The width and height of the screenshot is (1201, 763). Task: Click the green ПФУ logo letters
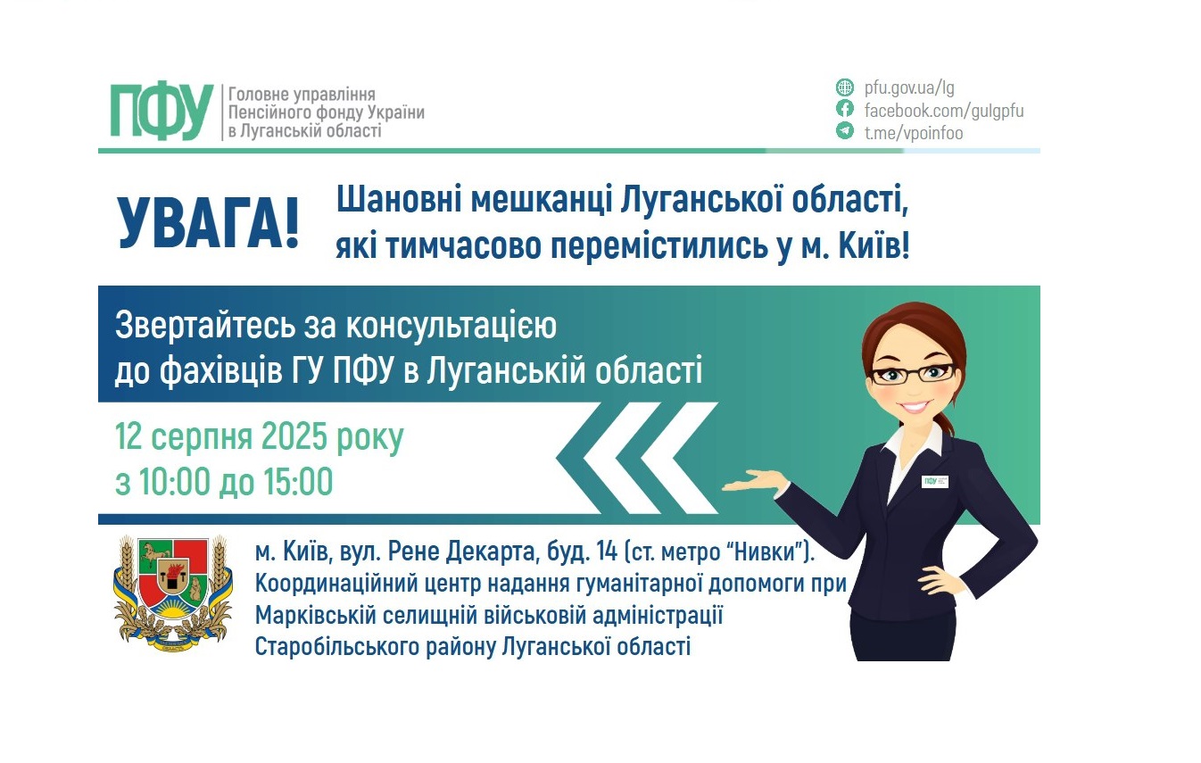pos(162,112)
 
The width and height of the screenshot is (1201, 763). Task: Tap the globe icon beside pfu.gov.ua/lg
pos(844,87)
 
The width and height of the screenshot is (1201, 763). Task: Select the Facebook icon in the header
pos(844,110)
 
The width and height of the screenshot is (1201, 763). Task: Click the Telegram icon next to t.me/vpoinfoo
pos(844,132)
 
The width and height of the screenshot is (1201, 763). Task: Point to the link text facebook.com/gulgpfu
pos(944,111)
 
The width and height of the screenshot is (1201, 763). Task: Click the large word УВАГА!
pos(208,224)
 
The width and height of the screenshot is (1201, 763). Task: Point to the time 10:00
pos(173,482)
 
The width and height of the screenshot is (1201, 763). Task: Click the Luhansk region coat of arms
pos(173,589)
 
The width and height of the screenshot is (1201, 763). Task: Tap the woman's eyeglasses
pos(914,373)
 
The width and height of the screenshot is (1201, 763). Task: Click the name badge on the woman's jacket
pos(934,481)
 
